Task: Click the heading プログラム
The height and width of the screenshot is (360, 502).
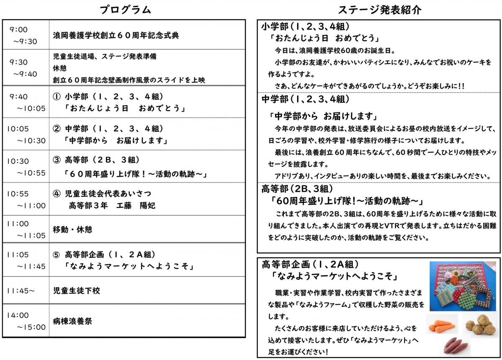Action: (x=125, y=10)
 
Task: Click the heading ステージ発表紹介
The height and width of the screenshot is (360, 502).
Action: (x=379, y=10)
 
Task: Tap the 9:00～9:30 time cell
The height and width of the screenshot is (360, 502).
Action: (x=26, y=35)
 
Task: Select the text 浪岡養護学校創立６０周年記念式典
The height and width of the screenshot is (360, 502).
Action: (x=116, y=36)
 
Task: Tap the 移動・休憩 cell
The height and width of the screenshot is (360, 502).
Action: (x=72, y=229)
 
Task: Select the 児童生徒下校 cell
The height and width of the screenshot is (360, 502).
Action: (x=77, y=290)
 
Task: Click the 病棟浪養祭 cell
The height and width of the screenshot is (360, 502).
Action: (x=72, y=321)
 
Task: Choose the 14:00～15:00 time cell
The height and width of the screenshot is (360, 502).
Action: (x=26, y=321)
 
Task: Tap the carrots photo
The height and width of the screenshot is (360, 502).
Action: (x=442, y=325)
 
